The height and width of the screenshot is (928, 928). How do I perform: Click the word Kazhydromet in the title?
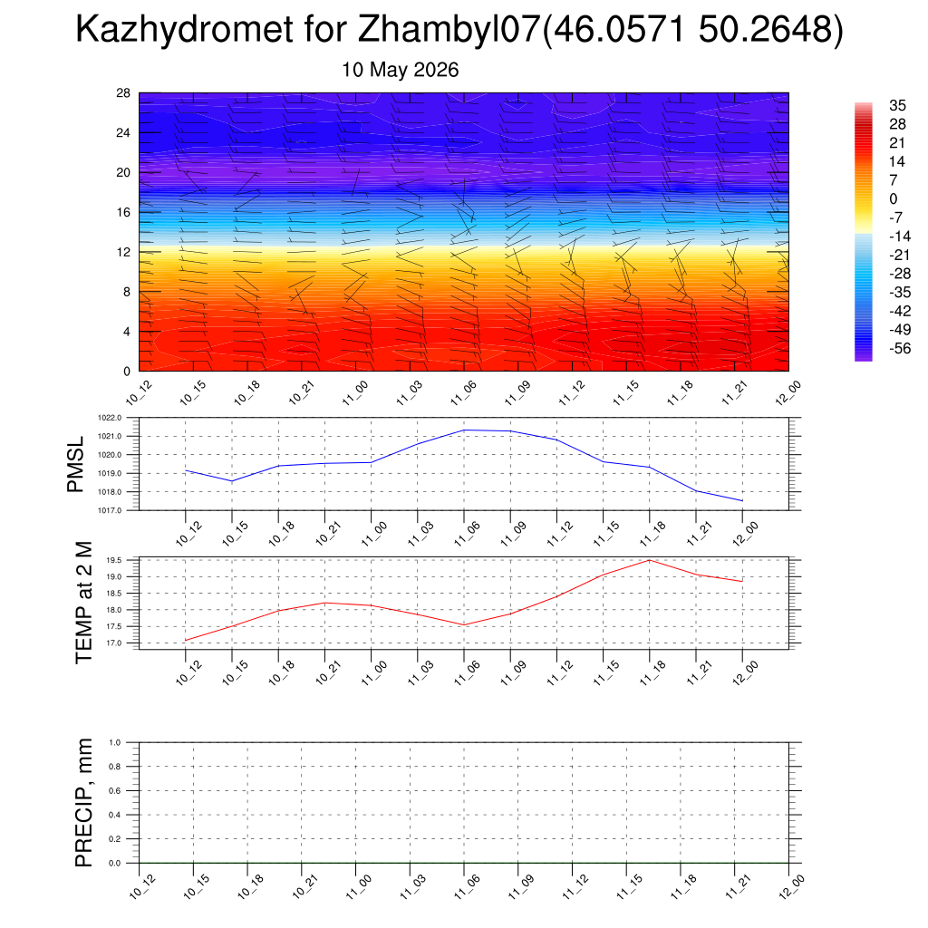click(x=184, y=29)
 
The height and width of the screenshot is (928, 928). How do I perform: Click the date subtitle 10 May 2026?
click(x=400, y=70)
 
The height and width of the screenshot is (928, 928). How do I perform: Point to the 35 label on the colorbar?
click(x=897, y=105)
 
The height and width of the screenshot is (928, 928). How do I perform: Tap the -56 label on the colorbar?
click(x=900, y=348)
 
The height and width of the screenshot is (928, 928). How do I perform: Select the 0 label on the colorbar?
click(x=893, y=198)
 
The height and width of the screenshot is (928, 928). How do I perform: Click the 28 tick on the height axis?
click(x=123, y=93)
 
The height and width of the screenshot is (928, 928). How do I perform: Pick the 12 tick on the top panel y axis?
click(x=123, y=252)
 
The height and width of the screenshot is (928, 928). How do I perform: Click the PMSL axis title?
click(x=76, y=464)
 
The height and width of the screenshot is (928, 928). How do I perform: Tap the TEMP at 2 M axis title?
click(x=84, y=603)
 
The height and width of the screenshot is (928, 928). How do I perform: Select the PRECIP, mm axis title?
click(x=84, y=803)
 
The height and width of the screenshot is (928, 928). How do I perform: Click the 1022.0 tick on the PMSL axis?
click(x=110, y=418)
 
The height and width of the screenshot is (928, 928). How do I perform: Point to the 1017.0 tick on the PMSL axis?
click(x=110, y=510)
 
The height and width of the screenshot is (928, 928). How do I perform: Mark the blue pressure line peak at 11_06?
click(x=464, y=430)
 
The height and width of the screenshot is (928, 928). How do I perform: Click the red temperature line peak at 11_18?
click(x=650, y=560)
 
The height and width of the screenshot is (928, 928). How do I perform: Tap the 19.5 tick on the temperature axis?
click(x=114, y=560)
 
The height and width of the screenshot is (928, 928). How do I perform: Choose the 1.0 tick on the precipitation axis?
click(x=115, y=743)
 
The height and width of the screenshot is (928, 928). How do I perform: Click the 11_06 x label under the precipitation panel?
click(x=467, y=886)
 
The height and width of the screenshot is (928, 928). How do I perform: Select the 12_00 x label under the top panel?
click(x=788, y=392)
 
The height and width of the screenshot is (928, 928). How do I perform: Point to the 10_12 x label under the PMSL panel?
click(x=188, y=533)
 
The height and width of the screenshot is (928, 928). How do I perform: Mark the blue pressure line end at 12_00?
click(x=742, y=500)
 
